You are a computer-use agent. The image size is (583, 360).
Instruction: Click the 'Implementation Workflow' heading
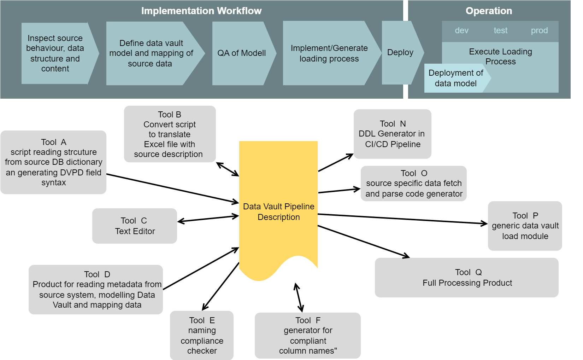pos(201,11)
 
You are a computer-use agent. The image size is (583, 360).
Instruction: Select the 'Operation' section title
pos(489,11)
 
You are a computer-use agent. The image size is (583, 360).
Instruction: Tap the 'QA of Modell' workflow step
pos(242,53)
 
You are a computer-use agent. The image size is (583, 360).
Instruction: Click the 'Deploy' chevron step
pos(400,52)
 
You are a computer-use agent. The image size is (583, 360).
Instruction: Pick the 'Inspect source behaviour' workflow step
pos(55,53)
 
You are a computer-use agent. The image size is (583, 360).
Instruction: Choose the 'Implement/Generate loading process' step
pos(329,53)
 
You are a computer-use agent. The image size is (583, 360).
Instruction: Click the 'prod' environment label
pos(539,31)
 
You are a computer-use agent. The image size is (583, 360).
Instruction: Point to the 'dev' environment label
pos(461,31)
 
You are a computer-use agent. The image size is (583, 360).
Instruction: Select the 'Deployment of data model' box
pos(455,78)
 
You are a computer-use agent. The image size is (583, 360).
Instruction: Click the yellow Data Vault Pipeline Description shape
pos(278,211)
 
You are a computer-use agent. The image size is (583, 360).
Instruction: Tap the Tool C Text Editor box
pos(135,226)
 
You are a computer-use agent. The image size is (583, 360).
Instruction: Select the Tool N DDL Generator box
pos(392,134)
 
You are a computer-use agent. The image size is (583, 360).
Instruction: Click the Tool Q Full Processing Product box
pos(467,278)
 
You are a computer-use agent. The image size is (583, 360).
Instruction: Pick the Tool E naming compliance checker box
pos(202,335)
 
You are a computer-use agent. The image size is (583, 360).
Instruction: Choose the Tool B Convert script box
pos(170,134)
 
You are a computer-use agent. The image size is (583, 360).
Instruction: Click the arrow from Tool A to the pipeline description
pos(173,188)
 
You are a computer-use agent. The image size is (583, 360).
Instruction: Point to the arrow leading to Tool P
pos(403,219)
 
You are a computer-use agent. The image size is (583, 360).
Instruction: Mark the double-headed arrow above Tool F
pos(299,297)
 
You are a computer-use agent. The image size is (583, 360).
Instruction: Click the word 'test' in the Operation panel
pos(500,31)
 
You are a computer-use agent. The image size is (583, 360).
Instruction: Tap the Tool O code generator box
pos(413,184)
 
